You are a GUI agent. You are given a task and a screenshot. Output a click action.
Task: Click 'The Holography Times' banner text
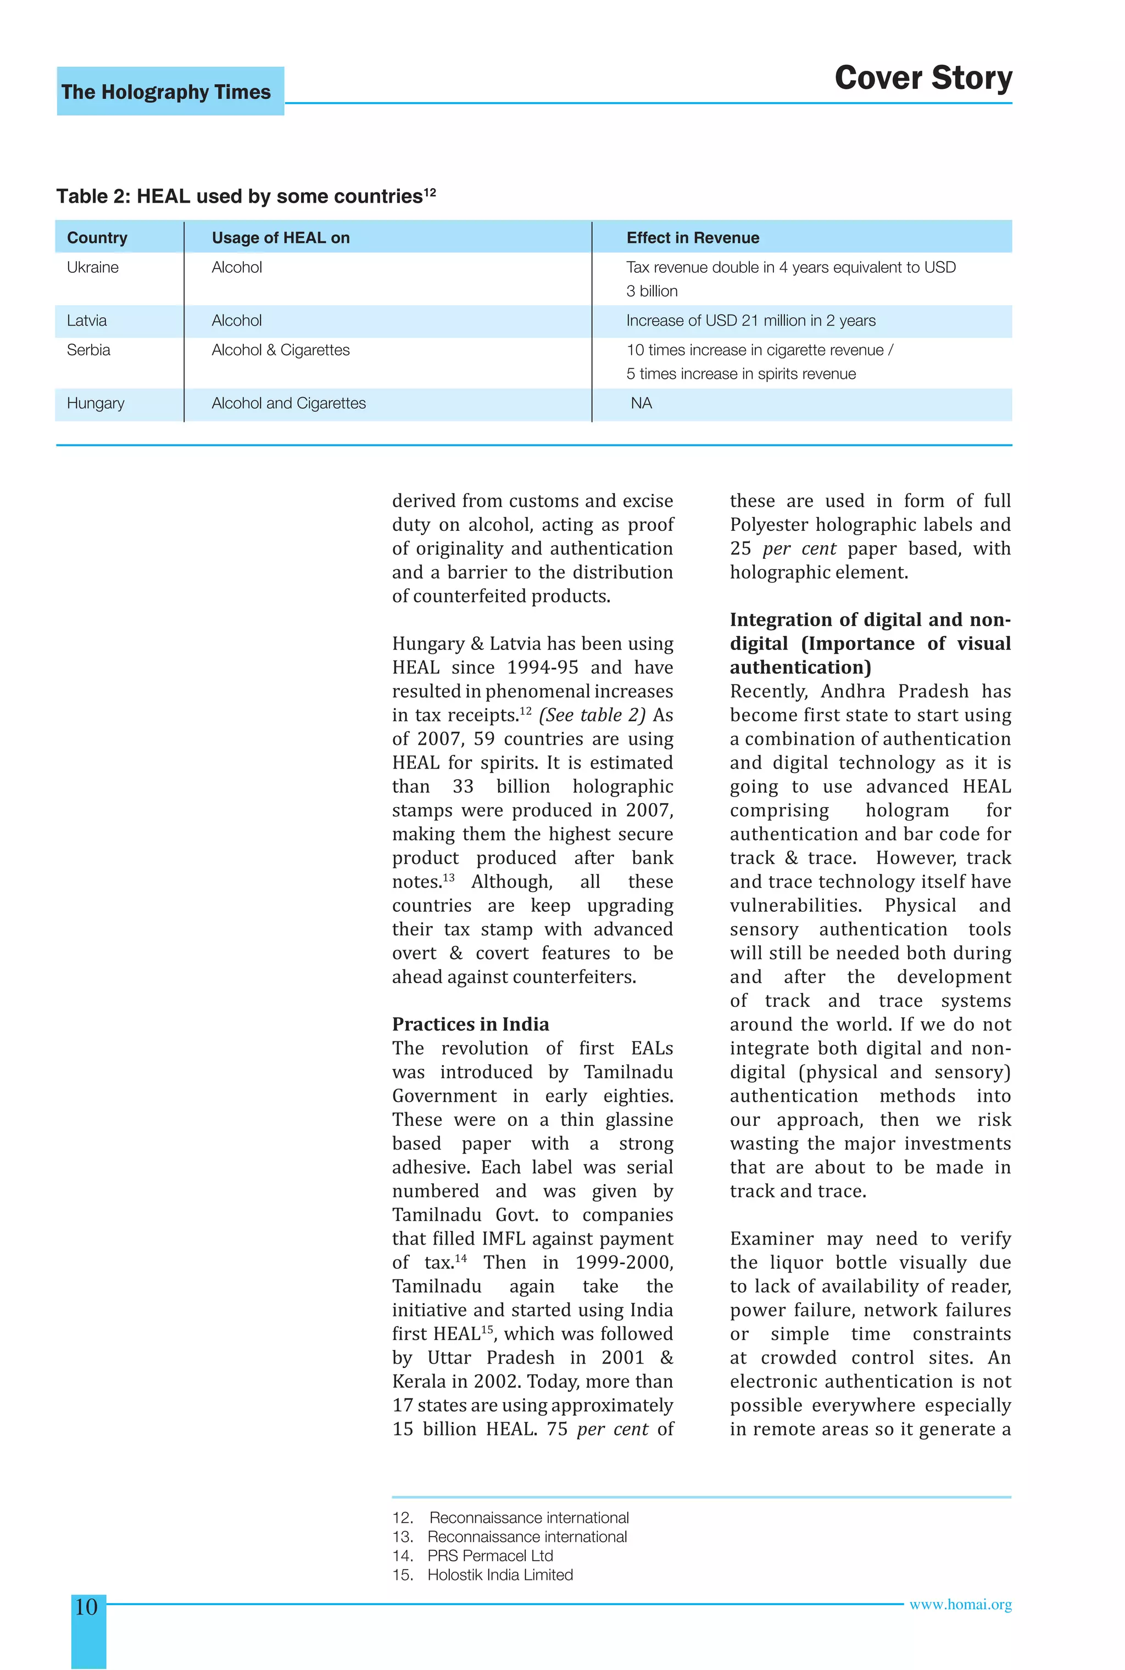tap(166, 92)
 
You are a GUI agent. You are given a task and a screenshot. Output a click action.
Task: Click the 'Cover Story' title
tap(923, 77)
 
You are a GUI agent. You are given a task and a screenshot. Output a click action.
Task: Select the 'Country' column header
tap(97, 238)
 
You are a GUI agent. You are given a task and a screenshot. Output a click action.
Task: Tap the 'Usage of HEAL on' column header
tap(281, 238)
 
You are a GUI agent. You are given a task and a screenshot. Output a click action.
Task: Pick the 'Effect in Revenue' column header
tap(692, 238)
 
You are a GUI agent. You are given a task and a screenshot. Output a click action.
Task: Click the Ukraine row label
tap(92, 267)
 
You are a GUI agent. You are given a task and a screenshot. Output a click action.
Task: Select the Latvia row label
tap(87, 321)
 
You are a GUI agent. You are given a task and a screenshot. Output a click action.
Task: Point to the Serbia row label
tap(88, 350)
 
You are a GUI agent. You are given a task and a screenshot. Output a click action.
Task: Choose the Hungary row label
tap(96, 403)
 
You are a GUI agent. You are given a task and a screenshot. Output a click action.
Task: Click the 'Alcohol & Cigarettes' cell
tap(281, 350)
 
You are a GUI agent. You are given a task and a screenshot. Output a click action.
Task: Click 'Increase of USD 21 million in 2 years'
tap(750, 321)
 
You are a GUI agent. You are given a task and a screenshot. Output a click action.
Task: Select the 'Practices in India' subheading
tap(470, 1024)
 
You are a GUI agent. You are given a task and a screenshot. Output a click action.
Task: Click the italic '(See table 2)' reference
tap(592, 715)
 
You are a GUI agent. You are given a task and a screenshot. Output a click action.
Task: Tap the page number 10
tap(86, 1606)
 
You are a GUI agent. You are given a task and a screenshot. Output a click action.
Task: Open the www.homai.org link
tap(960, 1605)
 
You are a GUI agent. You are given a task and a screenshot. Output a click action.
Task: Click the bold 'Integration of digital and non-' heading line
tap(870, 620)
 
